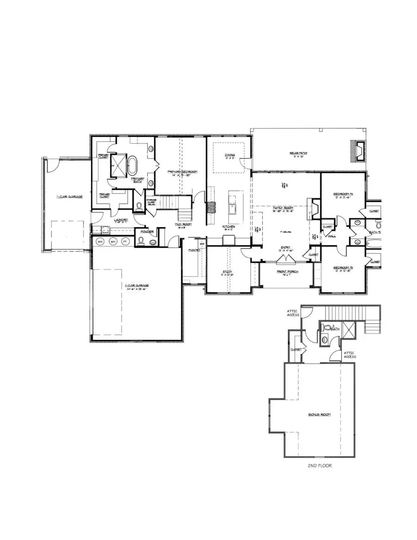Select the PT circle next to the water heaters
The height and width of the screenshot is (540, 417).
point(125,241)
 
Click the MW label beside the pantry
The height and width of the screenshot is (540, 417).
point(202,244)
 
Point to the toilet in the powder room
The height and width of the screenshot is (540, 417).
point(141,241)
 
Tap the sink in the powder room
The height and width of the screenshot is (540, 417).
point(152,241)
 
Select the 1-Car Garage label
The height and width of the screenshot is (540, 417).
point(69,197)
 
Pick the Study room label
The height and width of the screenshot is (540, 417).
point(227,272)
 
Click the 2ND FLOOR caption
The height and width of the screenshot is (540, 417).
point(320,466)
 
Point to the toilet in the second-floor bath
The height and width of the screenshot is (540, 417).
point(328,328)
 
